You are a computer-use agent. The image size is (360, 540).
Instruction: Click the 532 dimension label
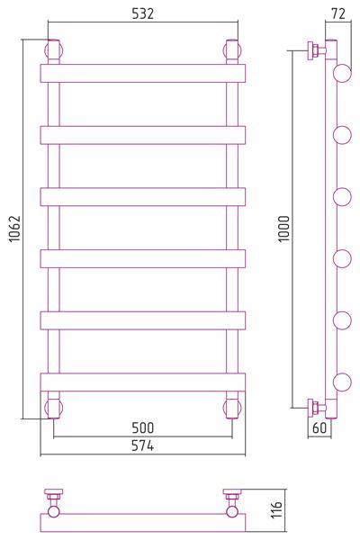click(x=142, y=13)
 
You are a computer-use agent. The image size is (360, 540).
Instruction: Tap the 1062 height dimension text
click(x=14, y=229)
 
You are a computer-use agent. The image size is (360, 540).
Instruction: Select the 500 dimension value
click(x=142, y=428)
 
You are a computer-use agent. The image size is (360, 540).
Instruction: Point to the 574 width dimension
click(x=142, y=445)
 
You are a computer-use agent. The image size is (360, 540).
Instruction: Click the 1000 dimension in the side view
click(x=284, y=229)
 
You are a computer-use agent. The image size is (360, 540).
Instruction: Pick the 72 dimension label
click(x=338, y=13)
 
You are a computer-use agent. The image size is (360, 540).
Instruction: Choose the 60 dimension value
click(x=319, y=427)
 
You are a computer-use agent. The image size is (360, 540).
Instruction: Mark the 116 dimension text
click(x=276, y=509)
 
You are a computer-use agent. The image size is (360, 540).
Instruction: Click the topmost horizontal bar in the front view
click(x=142, y=74)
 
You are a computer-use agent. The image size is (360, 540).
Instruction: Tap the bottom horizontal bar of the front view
click(x=142, y=382)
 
